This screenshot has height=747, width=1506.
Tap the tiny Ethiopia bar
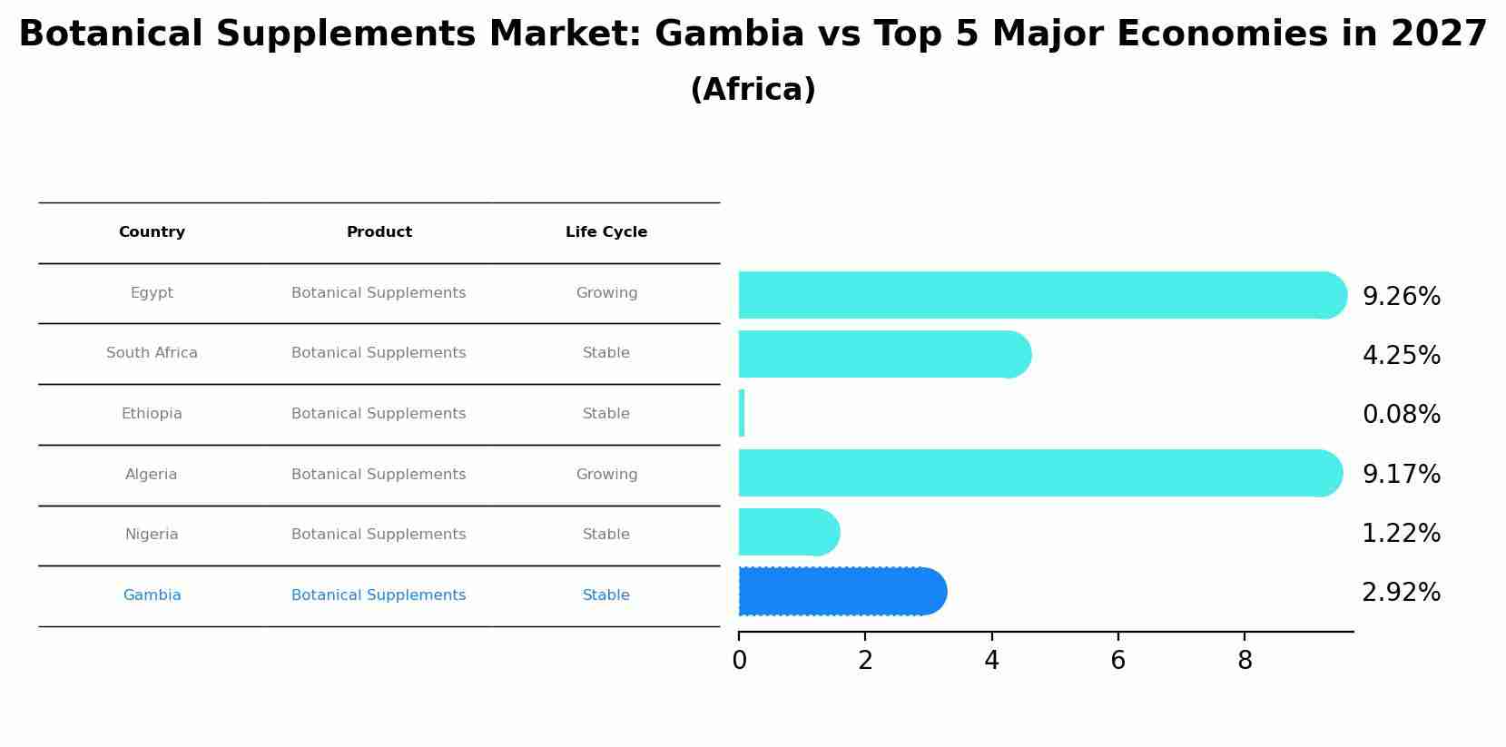(x=742, y=414)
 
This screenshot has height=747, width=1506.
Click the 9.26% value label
(x=1401, y=297)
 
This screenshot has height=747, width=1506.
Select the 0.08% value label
(x=1401, y=415)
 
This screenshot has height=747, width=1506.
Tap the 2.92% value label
(x=1401, y=593)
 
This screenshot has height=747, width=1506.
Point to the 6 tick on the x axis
(x=1117, y=661)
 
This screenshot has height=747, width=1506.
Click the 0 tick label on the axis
(x=739, y=661)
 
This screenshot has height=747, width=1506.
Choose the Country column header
(x=152, y=232)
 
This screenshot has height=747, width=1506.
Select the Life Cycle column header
(x=606, y=232)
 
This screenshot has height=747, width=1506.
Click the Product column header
(x=379, y=232)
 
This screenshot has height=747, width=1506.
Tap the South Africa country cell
(x=152, y=353)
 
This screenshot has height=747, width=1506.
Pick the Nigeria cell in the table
(x=152, y=535)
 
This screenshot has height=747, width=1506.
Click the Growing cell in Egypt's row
(x=606, y=293)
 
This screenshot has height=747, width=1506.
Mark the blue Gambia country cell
(x=152, y=595)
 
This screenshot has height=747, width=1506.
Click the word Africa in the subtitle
(x=753, y=90)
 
